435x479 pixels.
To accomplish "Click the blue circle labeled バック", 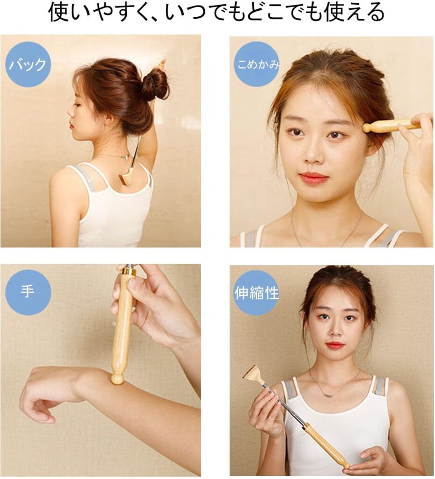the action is pos(28,64).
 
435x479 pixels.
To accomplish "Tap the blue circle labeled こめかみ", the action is pos(257,65).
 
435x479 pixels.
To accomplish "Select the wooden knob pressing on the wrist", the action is pos(117,377).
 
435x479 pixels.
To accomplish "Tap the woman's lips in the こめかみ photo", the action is pos(312,177).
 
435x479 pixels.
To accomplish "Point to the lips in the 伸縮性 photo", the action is pos(334,346).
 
